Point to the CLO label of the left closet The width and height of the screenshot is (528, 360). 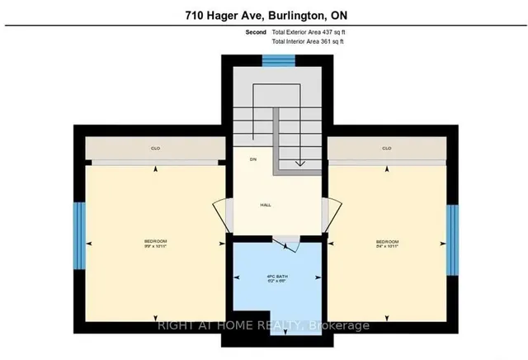tap(155, 149)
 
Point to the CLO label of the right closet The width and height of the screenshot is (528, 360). tap(386, 149)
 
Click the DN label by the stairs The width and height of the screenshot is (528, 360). tap(254, 159)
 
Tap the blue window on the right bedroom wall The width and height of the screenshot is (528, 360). tap(452, 239)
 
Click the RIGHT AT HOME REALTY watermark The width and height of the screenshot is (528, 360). tap(263, 324)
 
